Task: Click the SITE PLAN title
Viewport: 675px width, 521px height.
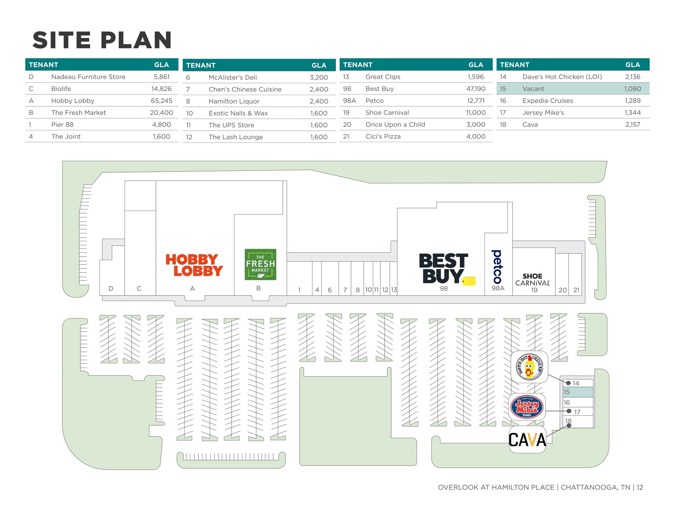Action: pyautogui.click(x=102, y=40)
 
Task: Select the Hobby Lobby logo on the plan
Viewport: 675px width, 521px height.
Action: pyautogui.click(x=194, y=265)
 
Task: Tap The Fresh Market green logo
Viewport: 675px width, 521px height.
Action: pyautogui.click(x=260, y=264)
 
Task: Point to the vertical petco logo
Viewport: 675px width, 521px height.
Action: pyautogui.click(x=497, y=267)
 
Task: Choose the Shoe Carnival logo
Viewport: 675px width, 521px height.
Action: pyautogui.click(x=533, y=279)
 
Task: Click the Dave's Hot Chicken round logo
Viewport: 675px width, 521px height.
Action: pyautogui.click(x=529, y=367)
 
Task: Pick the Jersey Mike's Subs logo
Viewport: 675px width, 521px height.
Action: pyautogui.click(x=527, y=407)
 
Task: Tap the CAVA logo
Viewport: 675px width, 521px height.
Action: pyautogui.click(x=527, y=440)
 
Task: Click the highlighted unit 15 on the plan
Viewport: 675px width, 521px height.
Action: pyautogui.click(x=578, y=392)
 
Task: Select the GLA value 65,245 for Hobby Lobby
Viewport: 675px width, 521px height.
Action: pyautogui.click(x=161, y=101)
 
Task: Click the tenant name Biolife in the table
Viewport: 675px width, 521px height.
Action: pyautogui.click(x=61, y=89)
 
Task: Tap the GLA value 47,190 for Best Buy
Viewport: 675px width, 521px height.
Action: pyautogui.click(x=476, y=89)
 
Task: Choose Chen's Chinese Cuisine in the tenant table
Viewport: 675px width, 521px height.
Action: pyautogui.click(x=245, y=90)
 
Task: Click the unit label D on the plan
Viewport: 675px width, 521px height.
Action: pyautogui.click(x=111, y=289)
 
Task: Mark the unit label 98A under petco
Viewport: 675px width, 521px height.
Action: pyautogui.click(x=498, y=288)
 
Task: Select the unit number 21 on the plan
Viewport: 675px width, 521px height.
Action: pyautogui.click(x=576, y=290)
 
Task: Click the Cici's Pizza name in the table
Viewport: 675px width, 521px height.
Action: pyautogui.click(x=383, y=137)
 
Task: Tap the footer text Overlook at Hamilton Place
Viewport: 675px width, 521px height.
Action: pyautogui.click(x=496, y=487)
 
